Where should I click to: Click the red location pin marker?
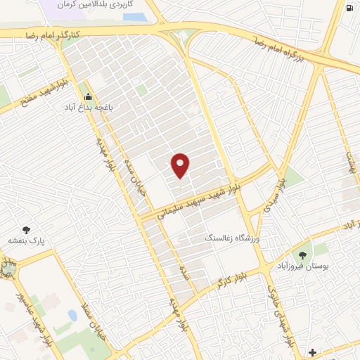[x=181, y=165]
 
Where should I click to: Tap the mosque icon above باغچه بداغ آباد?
[x=88, y=97]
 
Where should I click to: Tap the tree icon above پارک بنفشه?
[x=27, y=229]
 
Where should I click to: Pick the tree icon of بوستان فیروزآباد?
[x=302, y=255]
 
